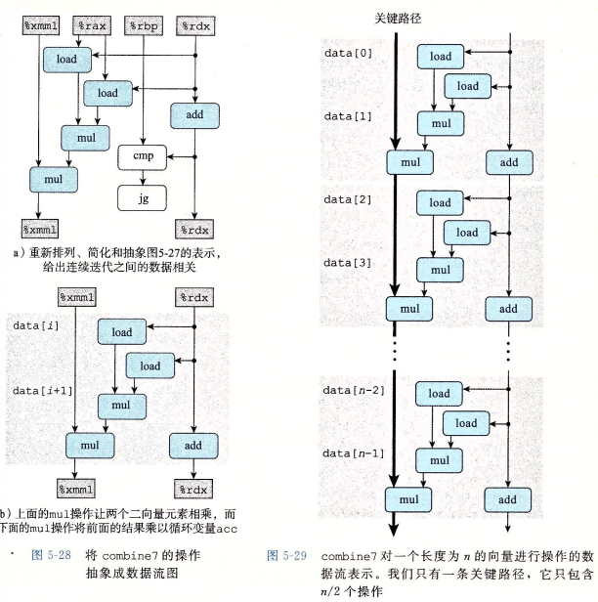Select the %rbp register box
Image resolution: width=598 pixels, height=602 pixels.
point(144,25)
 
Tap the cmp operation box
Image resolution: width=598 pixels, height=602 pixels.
point(143,154)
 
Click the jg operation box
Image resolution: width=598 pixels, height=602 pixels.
point(143,197)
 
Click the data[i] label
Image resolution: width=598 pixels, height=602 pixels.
point(33,323)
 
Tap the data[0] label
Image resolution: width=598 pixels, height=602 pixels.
point(345,49)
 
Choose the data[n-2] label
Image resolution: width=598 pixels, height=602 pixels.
point(349,391)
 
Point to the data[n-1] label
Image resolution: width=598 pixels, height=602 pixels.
point(349,453)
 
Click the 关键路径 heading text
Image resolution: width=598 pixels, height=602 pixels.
point(398,18)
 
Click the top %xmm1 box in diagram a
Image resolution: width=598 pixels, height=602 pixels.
point(39,25)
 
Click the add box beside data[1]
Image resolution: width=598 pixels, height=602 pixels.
point(509,161)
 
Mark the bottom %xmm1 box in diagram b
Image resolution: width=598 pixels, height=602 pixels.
point(78,487)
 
